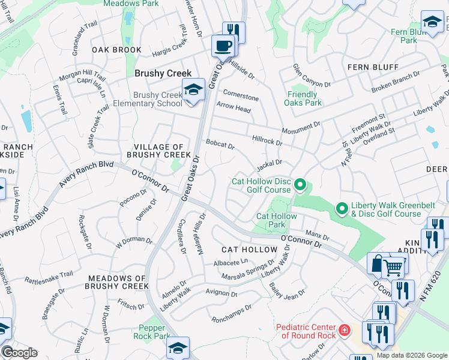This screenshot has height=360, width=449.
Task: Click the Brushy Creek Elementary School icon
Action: [x=193, y=89]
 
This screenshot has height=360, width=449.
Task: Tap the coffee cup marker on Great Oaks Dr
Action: [x=224, y=46]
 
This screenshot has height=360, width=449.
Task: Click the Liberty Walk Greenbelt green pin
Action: [x=342, y=209]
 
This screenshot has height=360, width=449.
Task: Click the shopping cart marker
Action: [x=393, y=266]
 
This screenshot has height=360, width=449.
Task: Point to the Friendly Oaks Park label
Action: [x=302, y=98]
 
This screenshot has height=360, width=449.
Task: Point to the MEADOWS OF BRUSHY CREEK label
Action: [x=118, y=282]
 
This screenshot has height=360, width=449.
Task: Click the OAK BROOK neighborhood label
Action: [x=116, y=50]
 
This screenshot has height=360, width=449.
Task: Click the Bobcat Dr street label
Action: [x=220, y=144]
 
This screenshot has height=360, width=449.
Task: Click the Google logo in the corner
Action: [x=19, y=352]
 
